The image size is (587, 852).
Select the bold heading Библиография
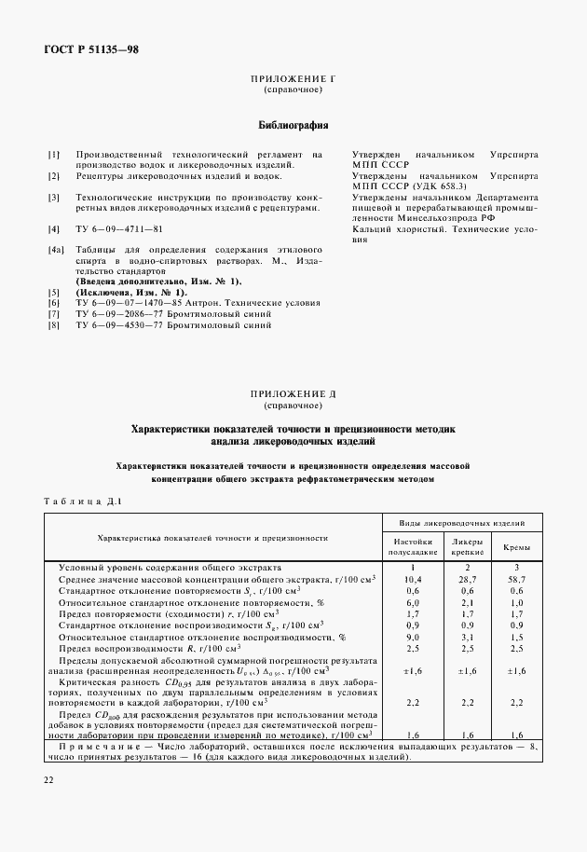(293, 124)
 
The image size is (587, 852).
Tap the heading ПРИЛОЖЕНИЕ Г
(293, 82)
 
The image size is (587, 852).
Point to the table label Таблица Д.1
(82, 501)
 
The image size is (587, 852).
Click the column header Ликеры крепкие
(467, 545)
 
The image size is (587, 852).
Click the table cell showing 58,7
(516, 580)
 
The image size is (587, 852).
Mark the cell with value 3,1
(467, 637)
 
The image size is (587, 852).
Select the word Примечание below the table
(96, 747)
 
